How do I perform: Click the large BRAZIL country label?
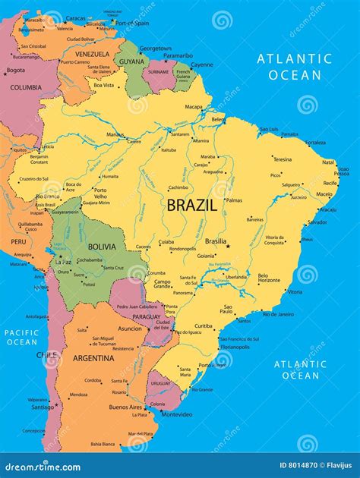tap(192, 205)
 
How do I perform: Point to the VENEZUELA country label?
tap(93, 54)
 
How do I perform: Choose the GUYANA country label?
tap(131, 61)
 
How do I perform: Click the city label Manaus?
tap(115, 135)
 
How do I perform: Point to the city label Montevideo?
tap(177, 414)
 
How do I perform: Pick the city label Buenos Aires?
tap(125, 407)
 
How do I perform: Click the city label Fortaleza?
tap(315, 143)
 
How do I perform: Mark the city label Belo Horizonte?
tap(269, 278)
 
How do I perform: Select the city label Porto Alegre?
tap(209, 365)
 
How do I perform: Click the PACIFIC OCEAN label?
tap(21, 338)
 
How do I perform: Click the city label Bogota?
tap(15, 71)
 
